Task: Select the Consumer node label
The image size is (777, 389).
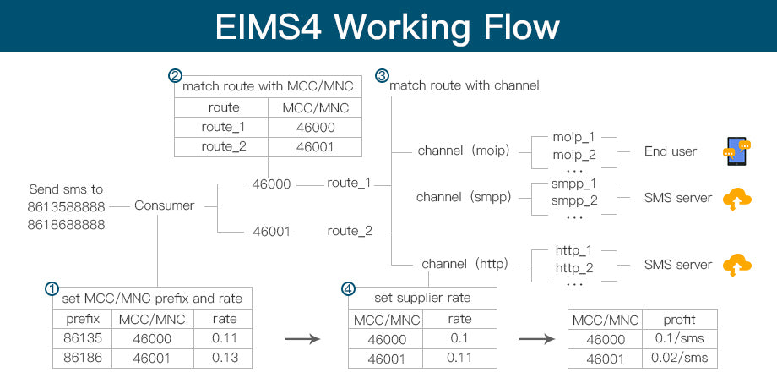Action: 164,205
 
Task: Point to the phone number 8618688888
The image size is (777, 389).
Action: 66,225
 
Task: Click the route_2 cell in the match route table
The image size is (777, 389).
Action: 222,146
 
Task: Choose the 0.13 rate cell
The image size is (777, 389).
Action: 224,358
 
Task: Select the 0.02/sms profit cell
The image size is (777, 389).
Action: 679,358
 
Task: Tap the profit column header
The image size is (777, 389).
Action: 679,320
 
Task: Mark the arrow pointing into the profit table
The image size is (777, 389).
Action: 536,339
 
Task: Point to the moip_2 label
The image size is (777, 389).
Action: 573,155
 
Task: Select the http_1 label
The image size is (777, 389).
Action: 573,251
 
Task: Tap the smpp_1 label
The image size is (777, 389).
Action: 573,183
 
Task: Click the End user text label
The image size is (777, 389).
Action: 670,151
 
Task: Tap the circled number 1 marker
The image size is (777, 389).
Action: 52,288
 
